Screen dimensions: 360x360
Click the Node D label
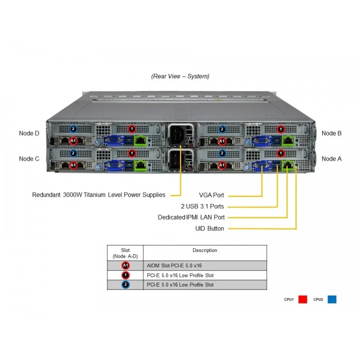(x=29, y=133)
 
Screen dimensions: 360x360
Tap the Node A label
(x=332, y=159)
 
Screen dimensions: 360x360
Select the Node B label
(x=332, y=133)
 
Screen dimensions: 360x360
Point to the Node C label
(x=29, y=159)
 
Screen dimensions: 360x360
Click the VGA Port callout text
(x=211, y=195)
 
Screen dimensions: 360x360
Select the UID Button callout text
(x=209, y=229)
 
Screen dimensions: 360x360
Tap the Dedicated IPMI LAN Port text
(x=191, y=217)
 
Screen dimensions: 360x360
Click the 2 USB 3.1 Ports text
(x=202, y=206)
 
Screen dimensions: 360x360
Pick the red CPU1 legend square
(x=302, y=299)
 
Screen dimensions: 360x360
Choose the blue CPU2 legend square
(x=332, y=299)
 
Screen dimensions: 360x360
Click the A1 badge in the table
(x=126, y=265)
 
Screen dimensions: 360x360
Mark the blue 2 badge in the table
(x=126, y=285)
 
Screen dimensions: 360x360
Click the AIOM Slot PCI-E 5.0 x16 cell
(x=174, y=265)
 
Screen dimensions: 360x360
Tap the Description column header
(x=205, y=250)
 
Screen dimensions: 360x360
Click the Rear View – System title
(x=180, y=76)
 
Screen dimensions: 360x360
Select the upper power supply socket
(x=177, y=135)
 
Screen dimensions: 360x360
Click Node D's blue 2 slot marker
(x=73, y=129)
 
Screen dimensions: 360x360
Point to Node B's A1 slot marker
(x=222, y=141)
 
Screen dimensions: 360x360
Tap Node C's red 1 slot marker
(x=132, y=153)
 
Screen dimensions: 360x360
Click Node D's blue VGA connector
(x=114, y=140)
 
